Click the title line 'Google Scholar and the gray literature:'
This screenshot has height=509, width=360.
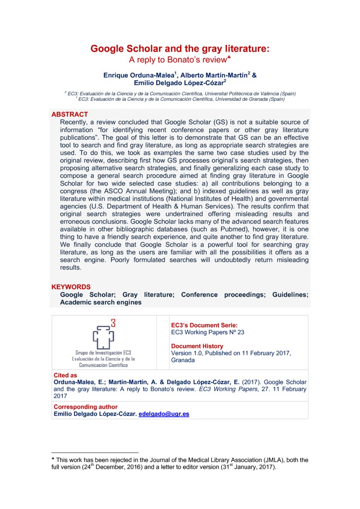(180, 49)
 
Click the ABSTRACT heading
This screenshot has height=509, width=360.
(70, 115)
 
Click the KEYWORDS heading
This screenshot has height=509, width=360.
(71, 287)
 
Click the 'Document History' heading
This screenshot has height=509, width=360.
(197, 346)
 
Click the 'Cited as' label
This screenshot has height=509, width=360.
(65, 375)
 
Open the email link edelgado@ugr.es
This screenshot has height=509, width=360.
(164, 414)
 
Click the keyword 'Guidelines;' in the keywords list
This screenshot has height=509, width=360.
(290, 295)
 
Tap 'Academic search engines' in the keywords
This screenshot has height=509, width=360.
(101, 302)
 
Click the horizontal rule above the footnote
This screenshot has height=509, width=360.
(95, 452)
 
